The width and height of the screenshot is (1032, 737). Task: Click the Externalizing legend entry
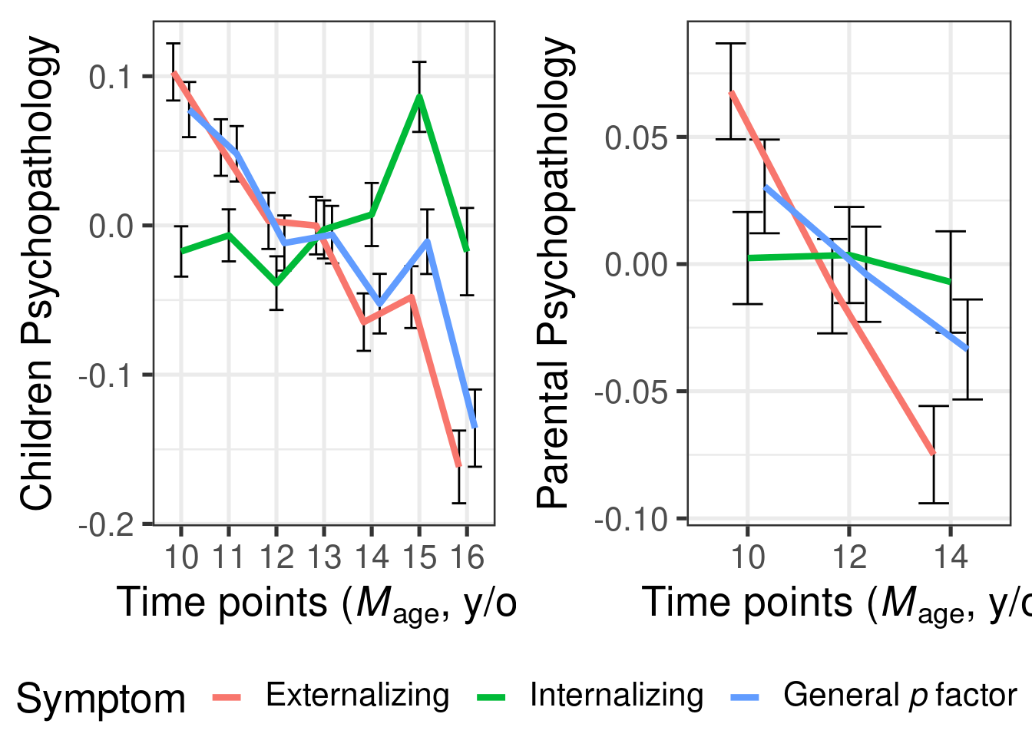point(357,696)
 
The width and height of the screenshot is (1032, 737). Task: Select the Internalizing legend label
point(616,696)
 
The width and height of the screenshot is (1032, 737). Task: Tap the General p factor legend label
point(899,696)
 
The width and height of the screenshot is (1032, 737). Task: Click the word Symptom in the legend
point(101,699)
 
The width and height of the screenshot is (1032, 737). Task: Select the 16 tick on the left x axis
point(467,557)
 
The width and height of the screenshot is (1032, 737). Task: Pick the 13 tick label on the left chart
point(324,557)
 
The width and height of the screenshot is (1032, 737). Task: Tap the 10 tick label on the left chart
point(181,557)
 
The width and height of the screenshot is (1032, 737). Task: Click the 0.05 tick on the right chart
point(635,138)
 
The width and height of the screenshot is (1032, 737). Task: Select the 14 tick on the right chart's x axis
point(951,557)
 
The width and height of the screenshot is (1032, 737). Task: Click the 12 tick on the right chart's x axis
point(849,557)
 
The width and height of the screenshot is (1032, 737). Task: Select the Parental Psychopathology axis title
point(554,273)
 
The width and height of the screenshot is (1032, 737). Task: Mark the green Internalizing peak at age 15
point(419,97)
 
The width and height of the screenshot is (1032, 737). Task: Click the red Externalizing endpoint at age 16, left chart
point(458,465)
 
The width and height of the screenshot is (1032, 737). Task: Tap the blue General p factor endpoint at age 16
point(475,427)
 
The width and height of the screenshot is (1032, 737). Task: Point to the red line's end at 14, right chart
point(934,454)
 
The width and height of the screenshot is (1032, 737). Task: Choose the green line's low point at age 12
point(276,283)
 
